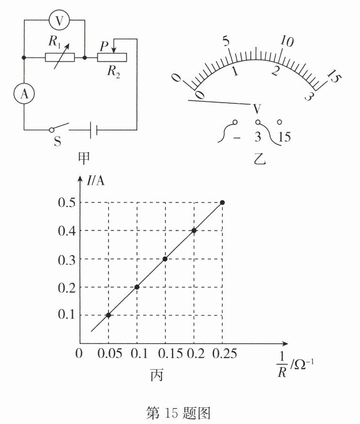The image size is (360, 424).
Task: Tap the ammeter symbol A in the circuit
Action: [24, 94]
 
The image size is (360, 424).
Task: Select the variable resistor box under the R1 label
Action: [60, 57]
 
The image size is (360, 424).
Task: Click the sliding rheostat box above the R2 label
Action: [112, 57]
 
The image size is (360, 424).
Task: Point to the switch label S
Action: [57, 143]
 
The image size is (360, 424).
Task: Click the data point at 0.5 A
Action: [223, 203]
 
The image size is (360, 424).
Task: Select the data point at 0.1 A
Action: [108, 315]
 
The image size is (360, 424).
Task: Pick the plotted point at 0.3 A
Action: [165, 258]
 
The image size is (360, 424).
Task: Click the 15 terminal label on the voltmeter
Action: [285, 137]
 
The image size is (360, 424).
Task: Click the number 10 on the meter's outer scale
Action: [288, 43]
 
